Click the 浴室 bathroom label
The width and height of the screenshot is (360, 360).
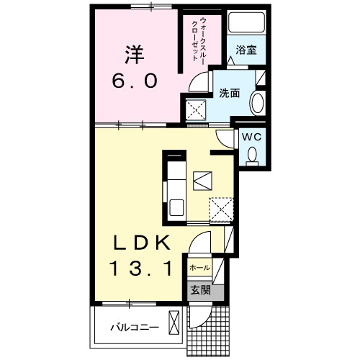pos(247,50)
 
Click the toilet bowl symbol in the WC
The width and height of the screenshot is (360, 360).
pos(252,154)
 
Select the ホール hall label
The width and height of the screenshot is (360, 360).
pos(199,268)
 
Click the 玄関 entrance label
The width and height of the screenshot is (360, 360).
pos(199,290)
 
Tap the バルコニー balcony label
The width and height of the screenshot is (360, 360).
pos(134,327)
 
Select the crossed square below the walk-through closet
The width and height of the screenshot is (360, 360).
pos(196,110)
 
